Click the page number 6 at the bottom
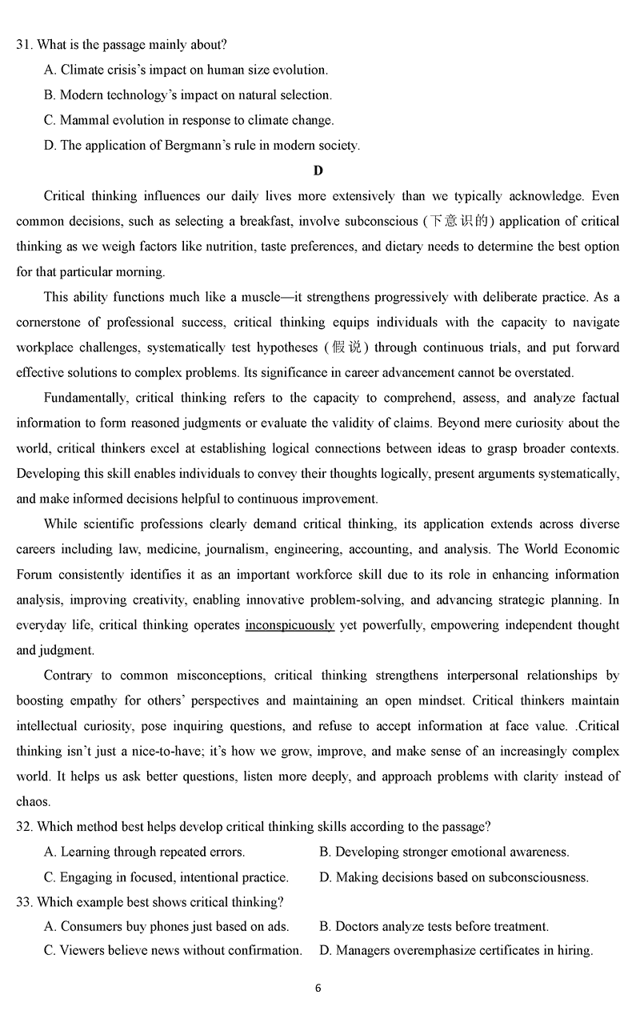(318, 988)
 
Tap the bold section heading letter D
(318, 170)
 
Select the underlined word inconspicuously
(290, 625)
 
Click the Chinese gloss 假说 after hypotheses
(346, 347)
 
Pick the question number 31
(23, 45)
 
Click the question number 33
(23, 902)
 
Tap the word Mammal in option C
(82, 120)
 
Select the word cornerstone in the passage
(51, 322)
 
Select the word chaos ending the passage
(33, 801)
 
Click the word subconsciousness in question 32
(538, 877)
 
